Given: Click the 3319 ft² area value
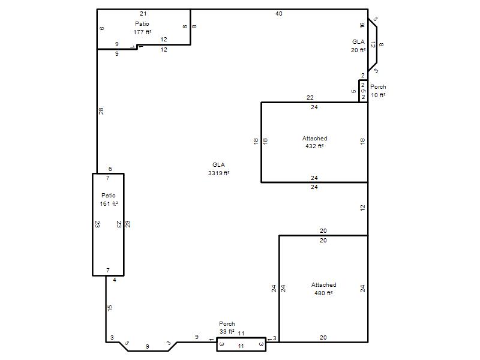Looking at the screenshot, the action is (x=219, y=173).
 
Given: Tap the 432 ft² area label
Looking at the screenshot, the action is (x=314, y=146).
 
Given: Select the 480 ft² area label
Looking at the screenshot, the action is (x=323, y=293).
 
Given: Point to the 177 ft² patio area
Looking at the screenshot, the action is (x=142, y=32).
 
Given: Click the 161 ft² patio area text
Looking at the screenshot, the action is (x=109, y=204).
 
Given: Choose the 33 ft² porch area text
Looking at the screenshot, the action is (x=227, y=332).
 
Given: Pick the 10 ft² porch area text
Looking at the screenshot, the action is (x=378, y=95).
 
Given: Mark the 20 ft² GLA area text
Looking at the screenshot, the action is (x=358, y=50).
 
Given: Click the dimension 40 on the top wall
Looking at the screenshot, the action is (x=279, y=14).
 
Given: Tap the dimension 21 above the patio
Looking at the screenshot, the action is (x=143, y=14).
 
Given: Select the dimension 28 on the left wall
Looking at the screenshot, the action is (x=101, y=111).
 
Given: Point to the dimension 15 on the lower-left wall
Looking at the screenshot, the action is (x=110, y=308).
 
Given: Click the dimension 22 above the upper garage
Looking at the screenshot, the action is (x=310, y=98).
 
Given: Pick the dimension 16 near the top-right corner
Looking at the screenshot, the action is (x=362, y=25).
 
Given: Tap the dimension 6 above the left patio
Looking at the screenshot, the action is (x=110, y=169).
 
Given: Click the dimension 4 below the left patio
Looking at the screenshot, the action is (x=115, y=280).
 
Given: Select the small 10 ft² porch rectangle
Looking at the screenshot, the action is (x=364, y=91).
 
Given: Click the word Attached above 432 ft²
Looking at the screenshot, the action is (x=314, y=139).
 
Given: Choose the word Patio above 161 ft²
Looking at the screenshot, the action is (x=109, y=196).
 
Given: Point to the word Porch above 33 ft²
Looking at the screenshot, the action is (x=227, y=323).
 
